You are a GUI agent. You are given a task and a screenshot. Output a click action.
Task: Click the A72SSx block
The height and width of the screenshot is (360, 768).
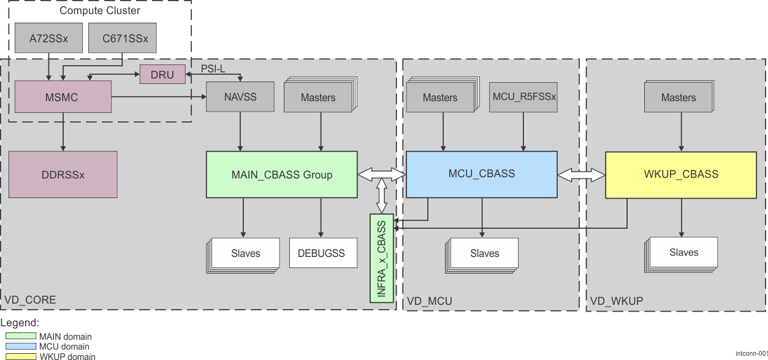pyautogui.click(x=48, y=39)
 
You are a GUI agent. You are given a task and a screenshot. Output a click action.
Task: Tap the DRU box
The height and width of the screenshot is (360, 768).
pyautogui.click(x=162, y=74)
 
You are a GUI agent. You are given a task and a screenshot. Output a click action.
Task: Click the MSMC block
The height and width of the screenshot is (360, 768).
pyautogui.click(x=63, y=97)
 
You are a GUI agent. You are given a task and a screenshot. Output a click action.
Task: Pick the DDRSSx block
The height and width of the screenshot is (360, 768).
pyautogui.click(x=63, y=175)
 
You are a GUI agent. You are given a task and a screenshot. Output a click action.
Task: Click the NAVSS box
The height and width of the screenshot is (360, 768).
pyautogui.click(x=240, y=97)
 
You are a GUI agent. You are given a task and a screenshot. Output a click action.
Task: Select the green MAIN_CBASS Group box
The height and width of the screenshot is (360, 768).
pyautogui.click(x=282, y=175)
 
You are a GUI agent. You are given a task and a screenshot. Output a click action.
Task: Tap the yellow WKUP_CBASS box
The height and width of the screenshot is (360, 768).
pyautogui.click(x=681, y=175)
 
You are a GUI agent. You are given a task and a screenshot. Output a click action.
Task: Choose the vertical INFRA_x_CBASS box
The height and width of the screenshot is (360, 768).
pyautogui.click(x=381, y=258)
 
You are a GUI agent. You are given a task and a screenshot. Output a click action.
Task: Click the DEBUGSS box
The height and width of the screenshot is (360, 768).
pyautogui.click(x=322, y=253)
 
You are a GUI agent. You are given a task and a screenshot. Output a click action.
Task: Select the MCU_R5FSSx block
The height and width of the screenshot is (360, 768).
pyautogui.click(x=523, y=97)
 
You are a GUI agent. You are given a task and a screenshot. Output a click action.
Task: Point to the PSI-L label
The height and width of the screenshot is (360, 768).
pyautogui.click(x=213, y=69)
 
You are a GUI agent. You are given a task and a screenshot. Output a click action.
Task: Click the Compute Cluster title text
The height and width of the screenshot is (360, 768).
pyautogui.click(x=100, y=10)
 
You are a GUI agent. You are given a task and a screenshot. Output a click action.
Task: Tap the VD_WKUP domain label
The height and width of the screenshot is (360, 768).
pyautogui.click(x=617, y=301)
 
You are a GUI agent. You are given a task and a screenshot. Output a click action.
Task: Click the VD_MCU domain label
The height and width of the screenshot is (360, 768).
pyautogui.click(x=430, y=301)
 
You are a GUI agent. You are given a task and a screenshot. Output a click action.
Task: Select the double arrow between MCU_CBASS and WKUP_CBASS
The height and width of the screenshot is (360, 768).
pyautogui.click(x=581, y=175)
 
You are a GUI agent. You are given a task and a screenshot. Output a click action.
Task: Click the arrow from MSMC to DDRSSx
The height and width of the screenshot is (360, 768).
pyautogui.click(x=63, y=132)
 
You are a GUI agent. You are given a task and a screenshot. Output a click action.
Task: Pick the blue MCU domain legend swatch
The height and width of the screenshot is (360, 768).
pyautogui.click(x=21, y=347)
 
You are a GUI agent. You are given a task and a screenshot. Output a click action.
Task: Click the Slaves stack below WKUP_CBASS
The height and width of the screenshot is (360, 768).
pyautogui.click(x=682, y=253)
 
